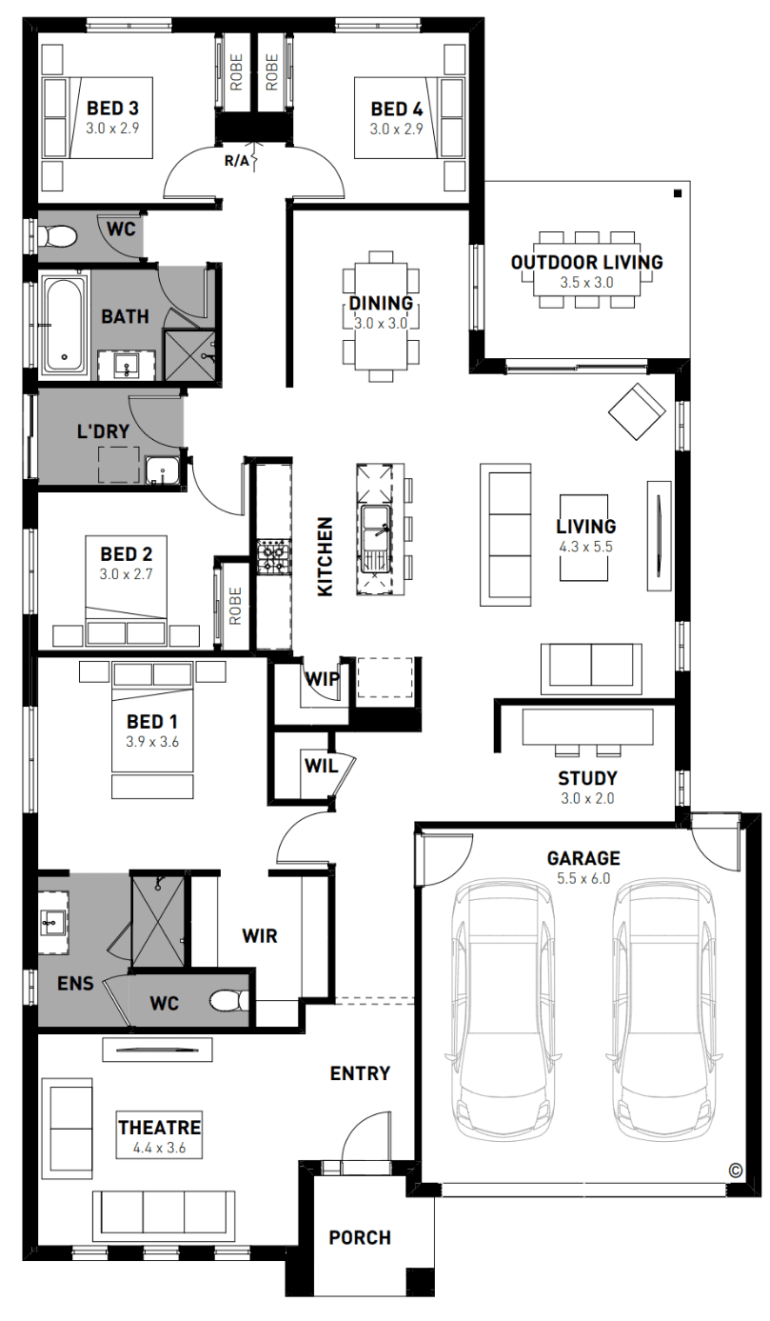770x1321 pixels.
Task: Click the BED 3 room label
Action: (112, 108)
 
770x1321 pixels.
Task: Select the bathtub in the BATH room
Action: (64, 325)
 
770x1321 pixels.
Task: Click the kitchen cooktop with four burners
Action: (273, 556)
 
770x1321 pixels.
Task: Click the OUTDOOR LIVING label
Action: (586, 262)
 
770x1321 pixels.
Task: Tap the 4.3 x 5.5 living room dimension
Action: (585, 547)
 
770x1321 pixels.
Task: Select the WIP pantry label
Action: (323, 679)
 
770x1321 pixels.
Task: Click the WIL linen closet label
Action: (321, 766)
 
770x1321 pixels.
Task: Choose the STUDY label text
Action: (587, 778)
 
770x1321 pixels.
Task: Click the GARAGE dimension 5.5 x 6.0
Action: (583, 878)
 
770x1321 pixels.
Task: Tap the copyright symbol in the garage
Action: (735, 1170)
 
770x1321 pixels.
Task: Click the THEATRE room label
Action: (159, 1128)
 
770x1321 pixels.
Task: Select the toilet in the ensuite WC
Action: (229, 1001)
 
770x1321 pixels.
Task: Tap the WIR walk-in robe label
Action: (260, 936)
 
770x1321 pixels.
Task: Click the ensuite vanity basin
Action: (52, 922)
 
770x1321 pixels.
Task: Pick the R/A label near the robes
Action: (236, 161)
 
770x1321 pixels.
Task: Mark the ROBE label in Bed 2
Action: (235, 606)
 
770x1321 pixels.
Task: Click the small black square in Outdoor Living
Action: (678, 193)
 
